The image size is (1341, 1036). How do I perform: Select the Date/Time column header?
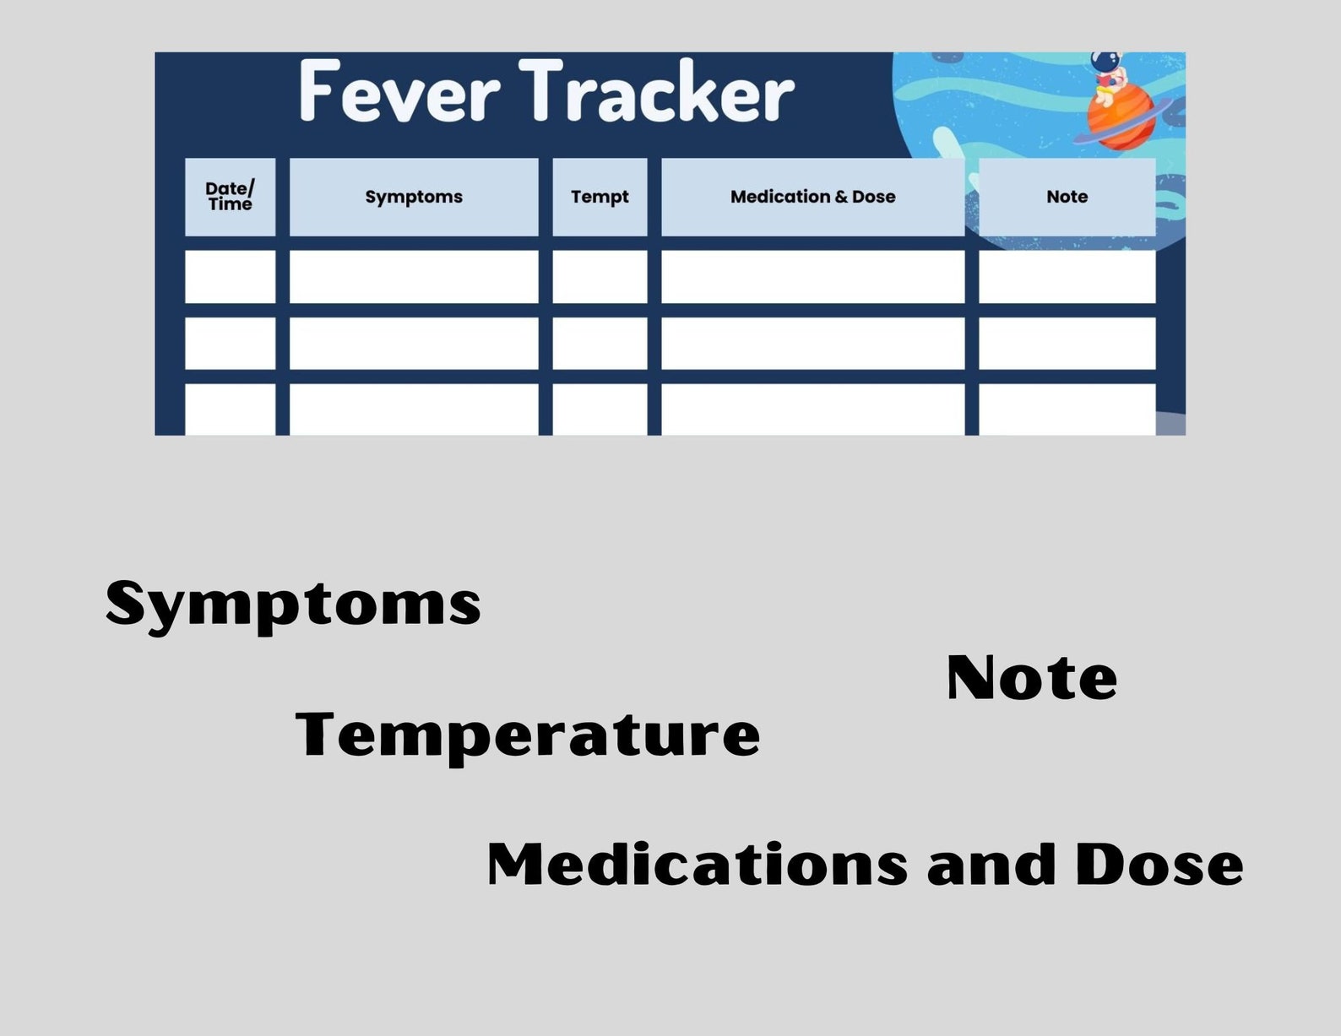[x=230, y=197]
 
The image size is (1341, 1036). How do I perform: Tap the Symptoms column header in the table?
[x=414, y=197]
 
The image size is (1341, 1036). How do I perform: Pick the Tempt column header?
[x=600, y=197]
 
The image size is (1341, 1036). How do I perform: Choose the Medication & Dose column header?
[x=812, y=197]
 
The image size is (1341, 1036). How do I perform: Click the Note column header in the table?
[x=1067, y=197]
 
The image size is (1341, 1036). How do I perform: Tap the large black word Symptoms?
[x=293, y=605]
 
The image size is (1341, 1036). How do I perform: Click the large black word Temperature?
[x=528, y=735]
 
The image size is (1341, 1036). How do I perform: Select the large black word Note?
[x=1031, y=678]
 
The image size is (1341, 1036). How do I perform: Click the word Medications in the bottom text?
[x=698, y=865]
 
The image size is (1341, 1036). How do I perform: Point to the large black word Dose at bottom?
[x=1159, y=865]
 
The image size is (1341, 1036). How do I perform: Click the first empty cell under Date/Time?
[x=230, y=276]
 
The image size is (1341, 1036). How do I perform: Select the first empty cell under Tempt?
[x=600, y=276]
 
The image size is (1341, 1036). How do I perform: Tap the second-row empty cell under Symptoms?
[x=414, y=343]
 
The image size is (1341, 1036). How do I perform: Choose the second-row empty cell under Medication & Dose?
[x=812, y=343]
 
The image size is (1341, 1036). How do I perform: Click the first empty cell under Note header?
[x=1067, y=276]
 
